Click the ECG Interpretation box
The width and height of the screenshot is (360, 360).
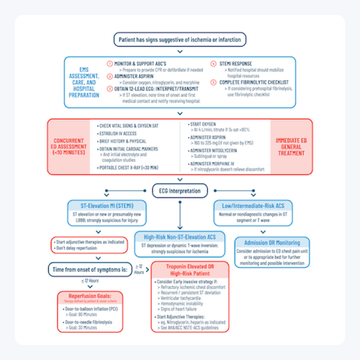[179, 189]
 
